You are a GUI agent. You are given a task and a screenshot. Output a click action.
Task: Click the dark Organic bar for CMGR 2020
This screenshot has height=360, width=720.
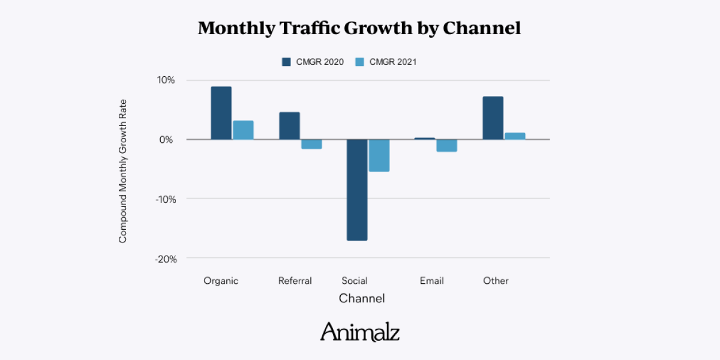click(221, 113)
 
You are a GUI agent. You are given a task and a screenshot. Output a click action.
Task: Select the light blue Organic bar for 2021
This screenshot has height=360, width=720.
click(243, 130)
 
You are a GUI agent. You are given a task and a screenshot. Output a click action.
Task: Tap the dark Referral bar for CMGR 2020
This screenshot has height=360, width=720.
click(289, 125)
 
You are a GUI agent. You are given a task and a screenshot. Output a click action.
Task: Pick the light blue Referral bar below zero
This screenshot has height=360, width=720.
click(311, 144)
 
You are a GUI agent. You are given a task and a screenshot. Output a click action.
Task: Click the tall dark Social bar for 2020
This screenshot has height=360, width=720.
click(357, 190)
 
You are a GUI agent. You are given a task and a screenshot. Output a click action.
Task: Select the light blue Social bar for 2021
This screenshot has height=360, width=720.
click(379, 155)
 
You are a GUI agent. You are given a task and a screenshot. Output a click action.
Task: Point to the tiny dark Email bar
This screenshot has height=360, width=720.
click(425, 139)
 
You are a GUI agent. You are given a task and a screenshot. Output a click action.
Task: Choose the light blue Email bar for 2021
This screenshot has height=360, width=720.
click(447, 146)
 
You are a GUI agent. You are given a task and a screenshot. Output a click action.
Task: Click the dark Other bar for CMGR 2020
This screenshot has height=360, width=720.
click(493, 118)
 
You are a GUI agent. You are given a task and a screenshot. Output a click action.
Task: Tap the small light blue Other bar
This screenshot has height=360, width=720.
click(515, 136)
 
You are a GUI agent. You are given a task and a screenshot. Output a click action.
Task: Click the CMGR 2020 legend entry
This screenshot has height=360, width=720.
click(313, 62)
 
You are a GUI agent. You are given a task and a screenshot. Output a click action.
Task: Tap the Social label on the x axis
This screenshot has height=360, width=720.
click(355, 281)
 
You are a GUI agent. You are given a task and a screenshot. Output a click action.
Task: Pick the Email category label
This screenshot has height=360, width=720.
click(432, 281)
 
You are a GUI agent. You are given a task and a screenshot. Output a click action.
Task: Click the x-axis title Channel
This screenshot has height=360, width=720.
click(362, 298)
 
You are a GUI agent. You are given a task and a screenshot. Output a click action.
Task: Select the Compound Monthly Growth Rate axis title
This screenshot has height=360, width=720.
click(123, 171)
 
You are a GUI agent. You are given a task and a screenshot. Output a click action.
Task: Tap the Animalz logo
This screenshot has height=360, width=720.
click(360, 331)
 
